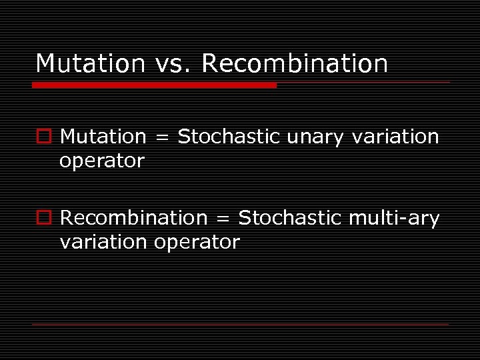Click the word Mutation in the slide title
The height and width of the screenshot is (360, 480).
tap(90, 64)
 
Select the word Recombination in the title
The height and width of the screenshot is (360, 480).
tap(294, 64)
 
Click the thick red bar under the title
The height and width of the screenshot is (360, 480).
tap(154, 85)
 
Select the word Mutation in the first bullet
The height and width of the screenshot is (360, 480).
tap(103, 137)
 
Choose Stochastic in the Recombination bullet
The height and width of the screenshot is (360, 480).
tap(289, 218)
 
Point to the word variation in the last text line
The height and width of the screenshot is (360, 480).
tap(103, 242)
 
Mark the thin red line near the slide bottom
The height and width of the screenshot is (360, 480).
tap(240, 324)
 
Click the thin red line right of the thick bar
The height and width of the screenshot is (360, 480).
tap(363, 83)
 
